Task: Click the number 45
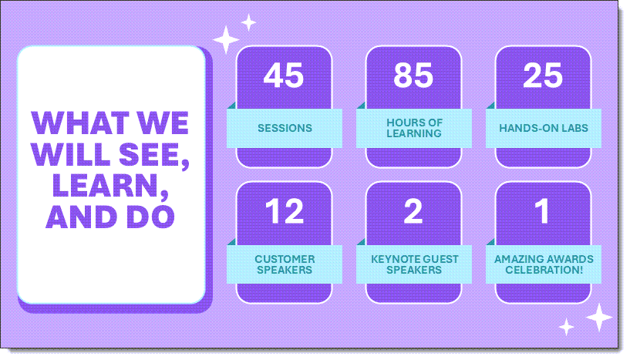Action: coord(284,75)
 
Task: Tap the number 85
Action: coord(413,75)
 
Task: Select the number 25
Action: coord(543,75)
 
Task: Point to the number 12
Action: coord(284,211)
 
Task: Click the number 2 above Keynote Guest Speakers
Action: coord(413,211)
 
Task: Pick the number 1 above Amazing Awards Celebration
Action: coord(542,211)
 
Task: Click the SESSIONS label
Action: coord(285,128)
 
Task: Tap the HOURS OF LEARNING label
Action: coord(414,128)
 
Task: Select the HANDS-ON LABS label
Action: coord(544,128)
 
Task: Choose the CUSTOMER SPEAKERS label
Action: coord(285,264)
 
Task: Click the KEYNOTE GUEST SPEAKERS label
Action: coord(415,264)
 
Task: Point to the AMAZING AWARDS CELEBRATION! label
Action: coord(544,264)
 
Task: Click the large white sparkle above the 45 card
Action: coord(226,40)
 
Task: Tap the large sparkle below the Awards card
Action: coord(599,318)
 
